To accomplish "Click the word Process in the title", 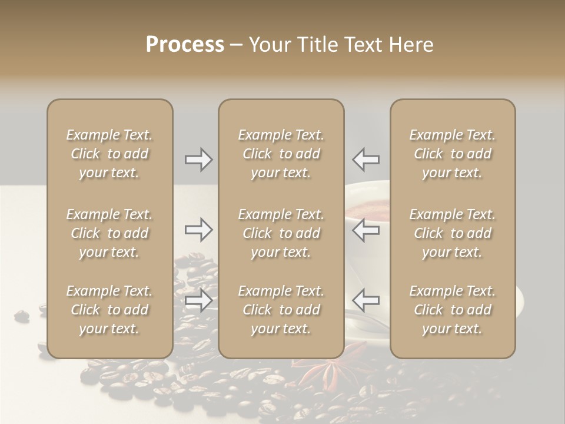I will point(185,45).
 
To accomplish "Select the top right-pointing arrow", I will point(199,160).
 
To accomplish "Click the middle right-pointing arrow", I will point(199,230).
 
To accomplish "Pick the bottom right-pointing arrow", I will point(199,300).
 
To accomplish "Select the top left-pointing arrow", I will point(365,160).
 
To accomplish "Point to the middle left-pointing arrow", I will point(365,230).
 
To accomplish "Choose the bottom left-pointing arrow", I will point(365,300).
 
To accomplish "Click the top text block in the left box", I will point(109,154).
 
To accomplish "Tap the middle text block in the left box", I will point(109,233).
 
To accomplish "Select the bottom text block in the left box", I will point(109,310).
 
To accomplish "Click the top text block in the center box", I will point(281,154).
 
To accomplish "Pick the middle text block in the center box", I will point(281,233).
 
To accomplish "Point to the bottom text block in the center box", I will point(281,310).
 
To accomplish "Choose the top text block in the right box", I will point(453,154).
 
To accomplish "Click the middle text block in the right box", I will point(453,233).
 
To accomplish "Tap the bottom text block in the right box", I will point(453,310).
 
